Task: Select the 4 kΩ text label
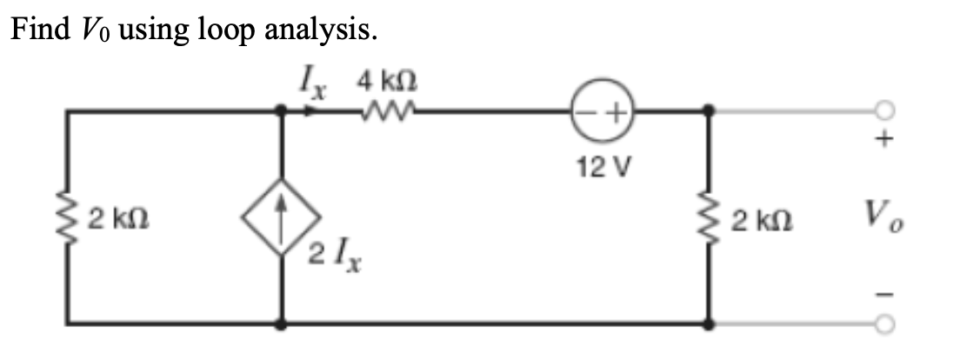pyautogui.click(x=385, y=82)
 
